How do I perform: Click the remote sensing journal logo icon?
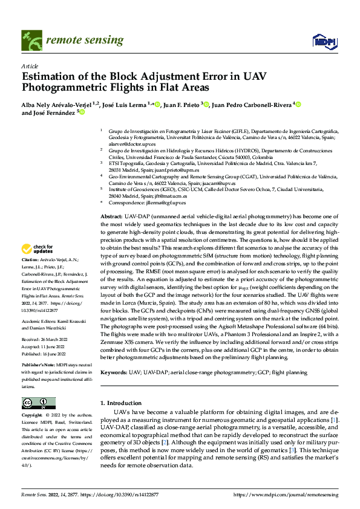click(30, 41)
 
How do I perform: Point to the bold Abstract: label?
click(111, 216)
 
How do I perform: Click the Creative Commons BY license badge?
click(38, 403)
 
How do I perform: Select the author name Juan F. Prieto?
click(183, 104)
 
